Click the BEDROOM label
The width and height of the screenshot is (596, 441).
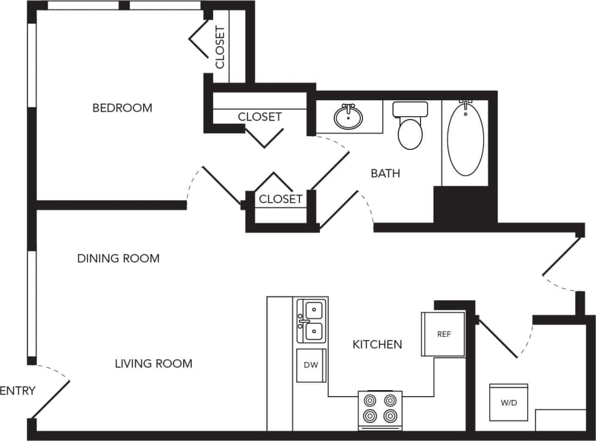coord(122,108)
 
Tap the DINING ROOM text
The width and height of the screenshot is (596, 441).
coord(118,258)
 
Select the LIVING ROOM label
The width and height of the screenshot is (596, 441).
coord(154,363)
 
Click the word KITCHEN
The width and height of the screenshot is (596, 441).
coord(377,345)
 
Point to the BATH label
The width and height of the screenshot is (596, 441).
coord(385,174)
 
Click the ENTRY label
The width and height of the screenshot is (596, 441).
coord(18,391)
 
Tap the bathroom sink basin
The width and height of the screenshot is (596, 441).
coord(348,117)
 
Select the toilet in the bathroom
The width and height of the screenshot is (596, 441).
coord(410,126)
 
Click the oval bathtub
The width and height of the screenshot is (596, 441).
coord(466,139)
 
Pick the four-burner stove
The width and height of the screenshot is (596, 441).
coord(380,409)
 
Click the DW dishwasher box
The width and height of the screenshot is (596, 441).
coord(311,365)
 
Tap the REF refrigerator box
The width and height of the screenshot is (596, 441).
coord(443,334)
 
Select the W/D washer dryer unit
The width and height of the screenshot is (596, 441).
coord(508,403)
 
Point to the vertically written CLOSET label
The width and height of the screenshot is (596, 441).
coord(220,48)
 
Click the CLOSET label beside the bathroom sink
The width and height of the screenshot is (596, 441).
coord(259,117)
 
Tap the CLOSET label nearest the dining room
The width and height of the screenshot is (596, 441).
coord(280,199)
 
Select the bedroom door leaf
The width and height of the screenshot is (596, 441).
coord(223,185)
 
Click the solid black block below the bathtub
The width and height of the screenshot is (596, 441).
coord(465,204)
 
